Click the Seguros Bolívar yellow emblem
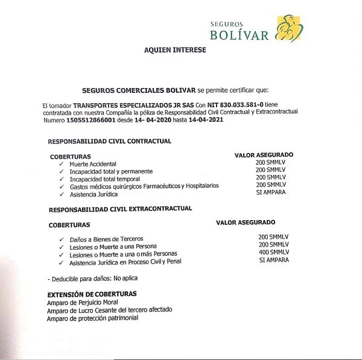pos(289,28)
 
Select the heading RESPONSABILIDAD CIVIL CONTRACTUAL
pos(110,141)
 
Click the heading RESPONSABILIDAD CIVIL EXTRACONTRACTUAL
pos(120,209)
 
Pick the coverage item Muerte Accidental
pos(93,164)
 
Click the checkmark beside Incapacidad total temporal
pos(62,179)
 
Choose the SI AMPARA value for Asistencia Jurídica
pos(271,193)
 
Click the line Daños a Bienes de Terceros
pos(107,239)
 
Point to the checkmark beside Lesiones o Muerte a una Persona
pos(62,247)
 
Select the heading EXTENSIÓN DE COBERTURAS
pos(92,294)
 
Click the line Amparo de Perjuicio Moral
pos(83,302)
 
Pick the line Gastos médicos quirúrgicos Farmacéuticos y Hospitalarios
pos(144,186)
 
